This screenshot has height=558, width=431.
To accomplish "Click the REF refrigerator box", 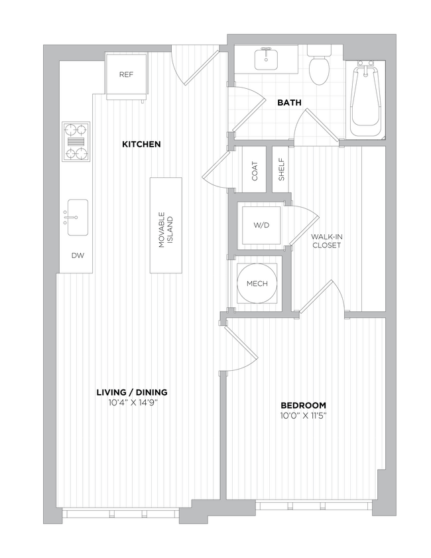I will pyautogui.click(x=126, y=74).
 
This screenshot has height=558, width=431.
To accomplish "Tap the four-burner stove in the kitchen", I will pyautogui.click(x=76, y=141).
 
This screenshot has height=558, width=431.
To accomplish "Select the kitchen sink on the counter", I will pyautogui.click(x=77, y=217).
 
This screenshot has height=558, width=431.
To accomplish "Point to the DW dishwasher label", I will pyautogui.click(x=78, y=255).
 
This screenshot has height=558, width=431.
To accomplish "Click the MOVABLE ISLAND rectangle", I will pyautogui.click(x=166, y=225).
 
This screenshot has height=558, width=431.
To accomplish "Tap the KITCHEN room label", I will pyautogui.click(x=141, y=144).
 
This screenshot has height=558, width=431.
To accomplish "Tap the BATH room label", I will pyautogui.click(x=289, y=103).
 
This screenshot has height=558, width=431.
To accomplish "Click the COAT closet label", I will pyautogui.click(x=254, y=172).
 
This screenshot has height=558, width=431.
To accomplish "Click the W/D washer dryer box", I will pyautogui.click(x=262, y=226).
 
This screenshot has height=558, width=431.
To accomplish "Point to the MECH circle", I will pyautogui.click(x=257, y=284).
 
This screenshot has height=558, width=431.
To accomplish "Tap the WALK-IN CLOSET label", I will pyautogui.click(x=326, y=241).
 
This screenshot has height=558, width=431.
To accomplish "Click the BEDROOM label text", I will pyautogui.click(x=303, y=405).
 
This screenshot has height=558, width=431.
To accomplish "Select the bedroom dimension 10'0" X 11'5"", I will pyautogui.click(x=303, y=416).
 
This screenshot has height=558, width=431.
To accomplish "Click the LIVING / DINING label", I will pyautogui.click(x=131, y=391).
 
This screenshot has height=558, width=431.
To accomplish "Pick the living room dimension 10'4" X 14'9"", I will pyautogui.click(x=131, y=402).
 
